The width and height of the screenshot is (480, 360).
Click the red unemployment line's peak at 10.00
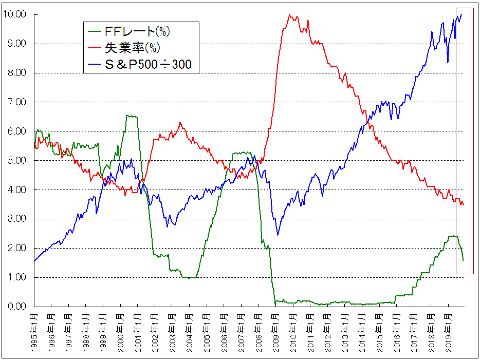[x=290, y=15]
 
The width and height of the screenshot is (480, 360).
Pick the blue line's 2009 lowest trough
[x=278, y=235]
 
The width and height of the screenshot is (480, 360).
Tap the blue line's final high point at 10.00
[x=461, y=14]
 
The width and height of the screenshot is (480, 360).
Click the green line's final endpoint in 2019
[x=463, y=260]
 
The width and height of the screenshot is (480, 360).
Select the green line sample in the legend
[x=97, y=32]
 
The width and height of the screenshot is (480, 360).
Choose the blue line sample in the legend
[x=97, y=65]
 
